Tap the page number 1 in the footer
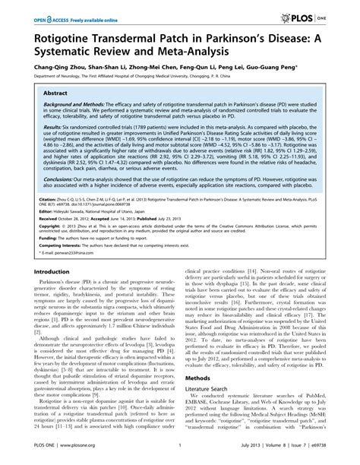(x=179, y=459)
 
